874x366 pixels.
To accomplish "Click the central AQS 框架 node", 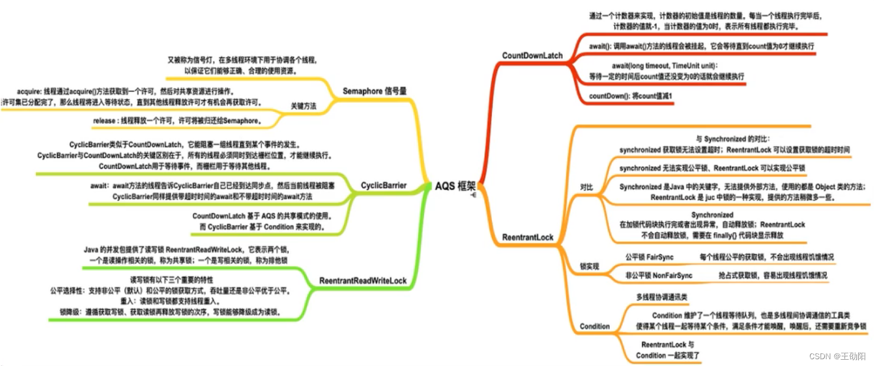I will point(455,186).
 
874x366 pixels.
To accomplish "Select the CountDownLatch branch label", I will point(532,56).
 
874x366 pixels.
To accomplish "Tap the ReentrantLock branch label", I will point(528,237).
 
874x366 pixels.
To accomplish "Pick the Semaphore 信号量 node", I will point(375,91).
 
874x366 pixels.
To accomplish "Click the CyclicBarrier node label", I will point(383,186).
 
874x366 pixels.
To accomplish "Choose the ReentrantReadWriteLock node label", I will point(363,280).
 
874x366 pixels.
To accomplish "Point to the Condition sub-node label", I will point(595,326).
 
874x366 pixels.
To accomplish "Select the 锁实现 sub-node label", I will point(589,266).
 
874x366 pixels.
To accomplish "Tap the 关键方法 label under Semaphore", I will point(304,106).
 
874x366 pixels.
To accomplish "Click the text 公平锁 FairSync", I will point(649,257).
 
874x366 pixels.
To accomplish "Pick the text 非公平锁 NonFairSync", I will point(655,275).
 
